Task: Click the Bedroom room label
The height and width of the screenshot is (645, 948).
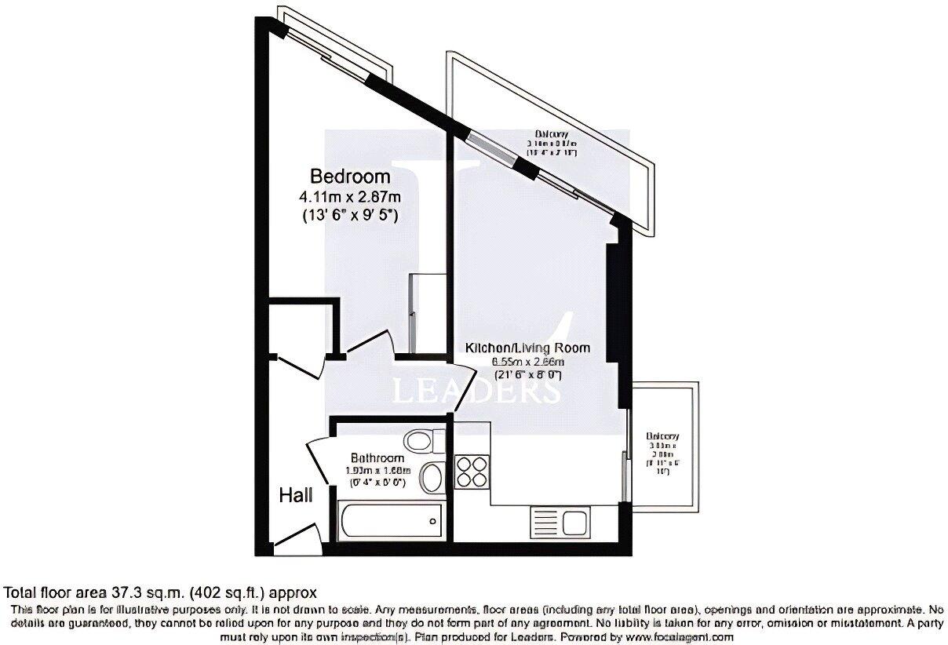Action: [x=350, y=177]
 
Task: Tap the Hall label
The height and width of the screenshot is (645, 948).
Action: [x=296, y=496]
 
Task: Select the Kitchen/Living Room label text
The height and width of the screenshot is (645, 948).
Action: [x=527, y=348]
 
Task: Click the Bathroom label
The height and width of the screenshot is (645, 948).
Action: [x=377, y=458]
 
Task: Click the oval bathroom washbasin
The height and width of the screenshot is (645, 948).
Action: [x=432, y=476]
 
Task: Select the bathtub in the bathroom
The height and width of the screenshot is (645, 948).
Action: [x=390, y=522]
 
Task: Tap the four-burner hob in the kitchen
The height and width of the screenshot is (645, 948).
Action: [x=472, y=471]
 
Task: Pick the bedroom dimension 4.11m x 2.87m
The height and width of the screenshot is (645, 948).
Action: [x=350, y=196]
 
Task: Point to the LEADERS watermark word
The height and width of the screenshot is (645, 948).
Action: [x=476, y=391]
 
